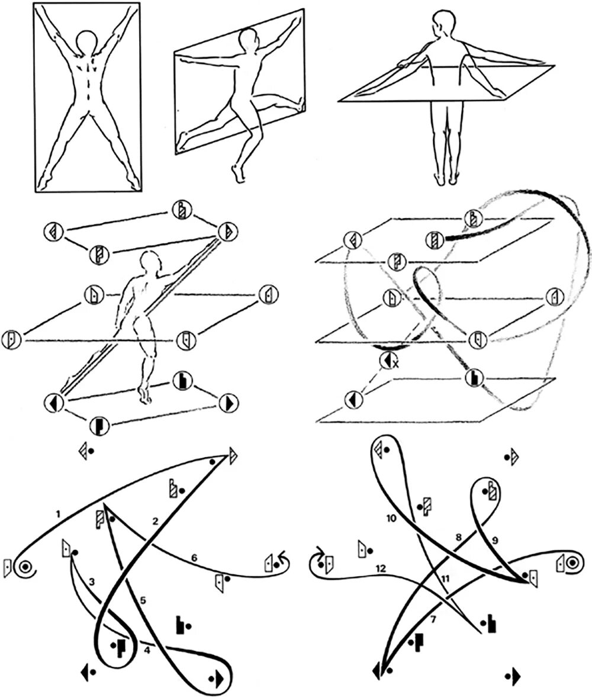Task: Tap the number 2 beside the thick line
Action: coord(155,521)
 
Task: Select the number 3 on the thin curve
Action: coord(91,582)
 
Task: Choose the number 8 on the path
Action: coord(458,538)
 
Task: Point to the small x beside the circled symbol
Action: coord(395,365)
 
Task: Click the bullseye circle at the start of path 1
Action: coord(25,567)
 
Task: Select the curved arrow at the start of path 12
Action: coord(318,554)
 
